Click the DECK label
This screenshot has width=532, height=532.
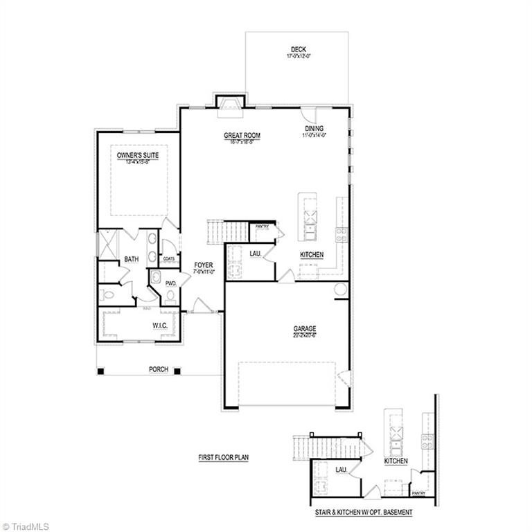[298, 50]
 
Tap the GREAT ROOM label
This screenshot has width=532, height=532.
[240, 135]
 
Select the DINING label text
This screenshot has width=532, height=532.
[314, 129]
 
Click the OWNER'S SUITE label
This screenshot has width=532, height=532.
[137, 156]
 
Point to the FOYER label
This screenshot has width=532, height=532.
[204, 265]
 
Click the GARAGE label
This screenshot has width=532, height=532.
[304, 329]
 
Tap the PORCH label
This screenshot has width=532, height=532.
[159, 369]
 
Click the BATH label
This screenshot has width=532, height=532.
[132, 259]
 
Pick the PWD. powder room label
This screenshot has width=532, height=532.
[170, 283]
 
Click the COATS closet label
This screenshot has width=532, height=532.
[169, 258]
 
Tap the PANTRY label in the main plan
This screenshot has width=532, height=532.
[262, 227]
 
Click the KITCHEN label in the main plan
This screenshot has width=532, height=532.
[312, 255]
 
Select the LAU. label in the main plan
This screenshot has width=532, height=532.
[255, 254]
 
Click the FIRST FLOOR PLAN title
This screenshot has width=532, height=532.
[223, 458]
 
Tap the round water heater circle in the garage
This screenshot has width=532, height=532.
[341, 290]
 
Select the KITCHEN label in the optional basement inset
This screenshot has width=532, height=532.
[396, 461]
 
